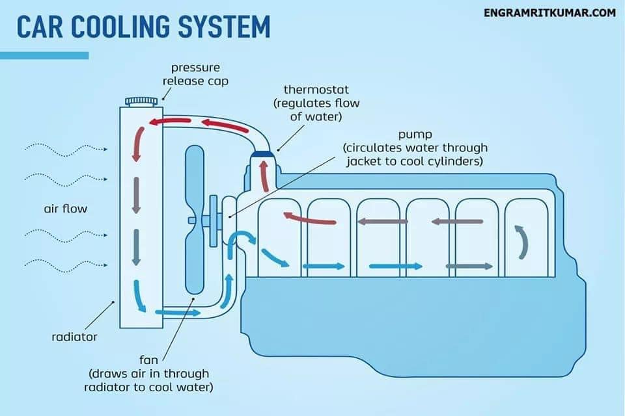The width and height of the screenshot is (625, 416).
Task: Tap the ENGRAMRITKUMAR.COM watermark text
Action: (549, 13)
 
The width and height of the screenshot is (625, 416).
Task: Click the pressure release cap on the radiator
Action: (141, 101)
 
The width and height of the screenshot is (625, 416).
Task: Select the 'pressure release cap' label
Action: (195, 75)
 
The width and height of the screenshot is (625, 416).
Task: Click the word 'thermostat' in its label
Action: (316, 89)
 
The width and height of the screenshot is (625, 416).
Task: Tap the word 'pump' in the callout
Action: (415, 135)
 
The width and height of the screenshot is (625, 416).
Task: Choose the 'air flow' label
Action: (65, 209)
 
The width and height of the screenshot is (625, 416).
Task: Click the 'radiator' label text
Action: (74, 337)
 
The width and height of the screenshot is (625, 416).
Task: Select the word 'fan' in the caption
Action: (148, 360)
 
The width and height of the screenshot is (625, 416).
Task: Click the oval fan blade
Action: (195, 220)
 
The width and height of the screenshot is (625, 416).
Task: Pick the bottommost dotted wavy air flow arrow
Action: (66, 265)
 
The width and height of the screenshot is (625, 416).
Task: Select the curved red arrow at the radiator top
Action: (139, 144)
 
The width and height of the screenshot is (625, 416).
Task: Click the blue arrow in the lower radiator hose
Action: (177, 313)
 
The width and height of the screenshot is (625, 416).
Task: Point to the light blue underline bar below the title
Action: (44, 55)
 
